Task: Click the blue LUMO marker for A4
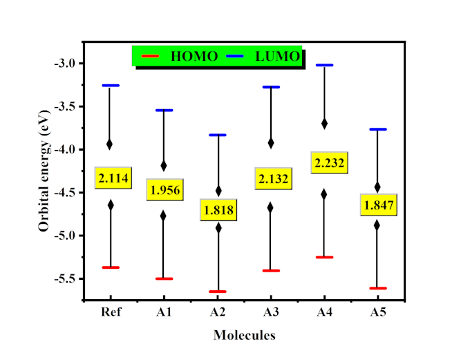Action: pyautogui.click(x=324, y=65)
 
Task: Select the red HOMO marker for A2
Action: pyautogui.click(x=218, y=292)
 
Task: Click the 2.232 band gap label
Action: pyautogui.click(x=329, y=163)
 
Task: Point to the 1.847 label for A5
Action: pyautogui.click(x=378, y=205)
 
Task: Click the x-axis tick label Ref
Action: pyautogui.click(x=111, y=312)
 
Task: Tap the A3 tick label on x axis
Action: pyautogui.click(x=271, y=312)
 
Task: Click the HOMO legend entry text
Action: pyautogui.click(x=194, y=56)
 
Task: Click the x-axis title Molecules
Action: pyautogui.click(x=245, y=336)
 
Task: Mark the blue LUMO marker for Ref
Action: pyautogui.click(x=111, y=85)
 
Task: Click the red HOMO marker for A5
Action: pyautogui.click(x=377, y=288)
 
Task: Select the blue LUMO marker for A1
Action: pyautogui.click(x=164, y=110)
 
